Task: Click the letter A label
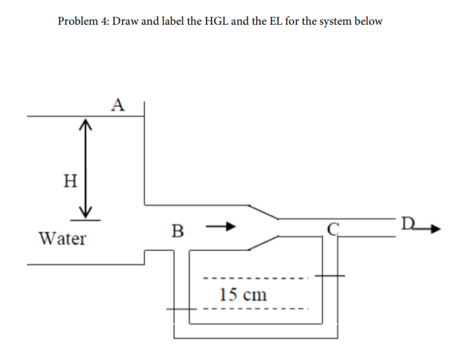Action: (x=118, y=104)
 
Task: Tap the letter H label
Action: (x=71, y=181)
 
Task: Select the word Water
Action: (x=62, y=238)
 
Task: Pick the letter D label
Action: (x=408, y=222)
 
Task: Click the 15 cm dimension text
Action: (x=243, y=294)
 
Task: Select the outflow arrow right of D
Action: (x=430, y=227)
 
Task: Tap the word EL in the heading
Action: (x=275, y=21)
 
